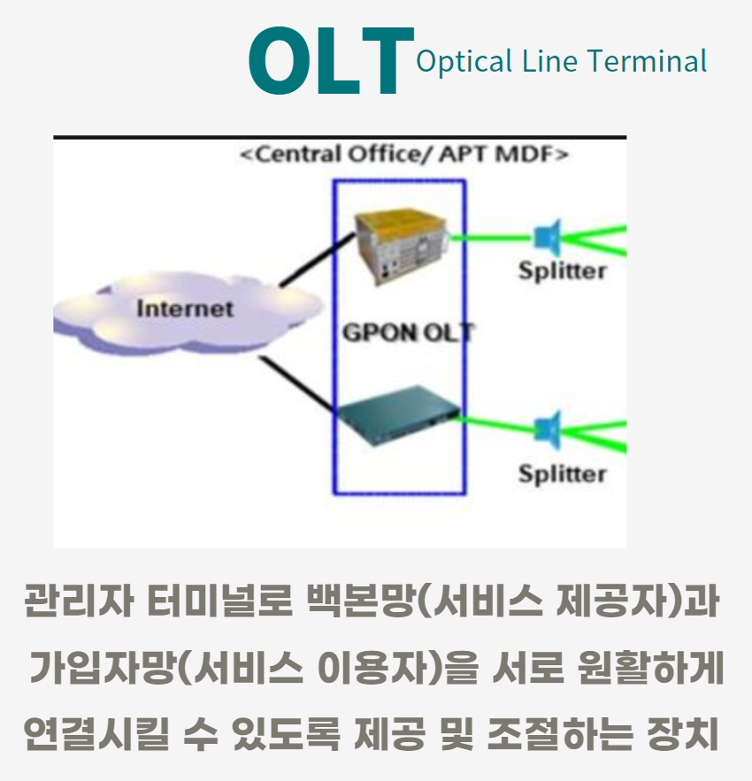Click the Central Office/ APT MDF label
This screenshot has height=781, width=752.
click(403, 156)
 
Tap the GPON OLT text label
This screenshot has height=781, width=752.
click(407, 333)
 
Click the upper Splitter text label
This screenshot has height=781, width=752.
click(563, 271)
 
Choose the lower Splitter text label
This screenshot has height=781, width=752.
click(563, 474)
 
